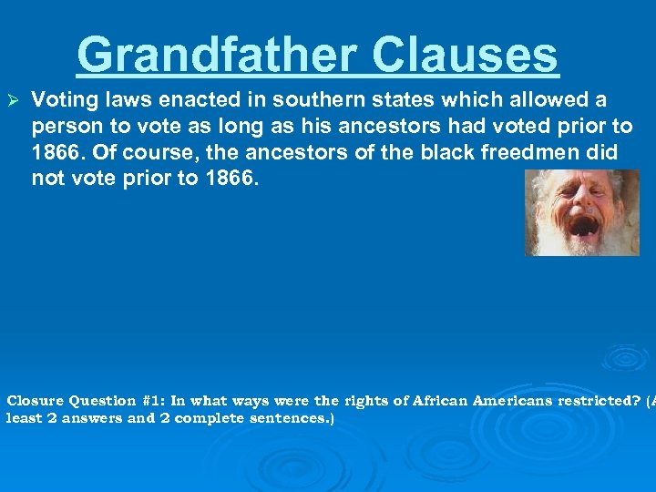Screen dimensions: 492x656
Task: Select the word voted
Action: (517, 126)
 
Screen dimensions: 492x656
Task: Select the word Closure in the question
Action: (36, 401)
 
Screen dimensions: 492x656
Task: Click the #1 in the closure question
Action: (153, 401)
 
